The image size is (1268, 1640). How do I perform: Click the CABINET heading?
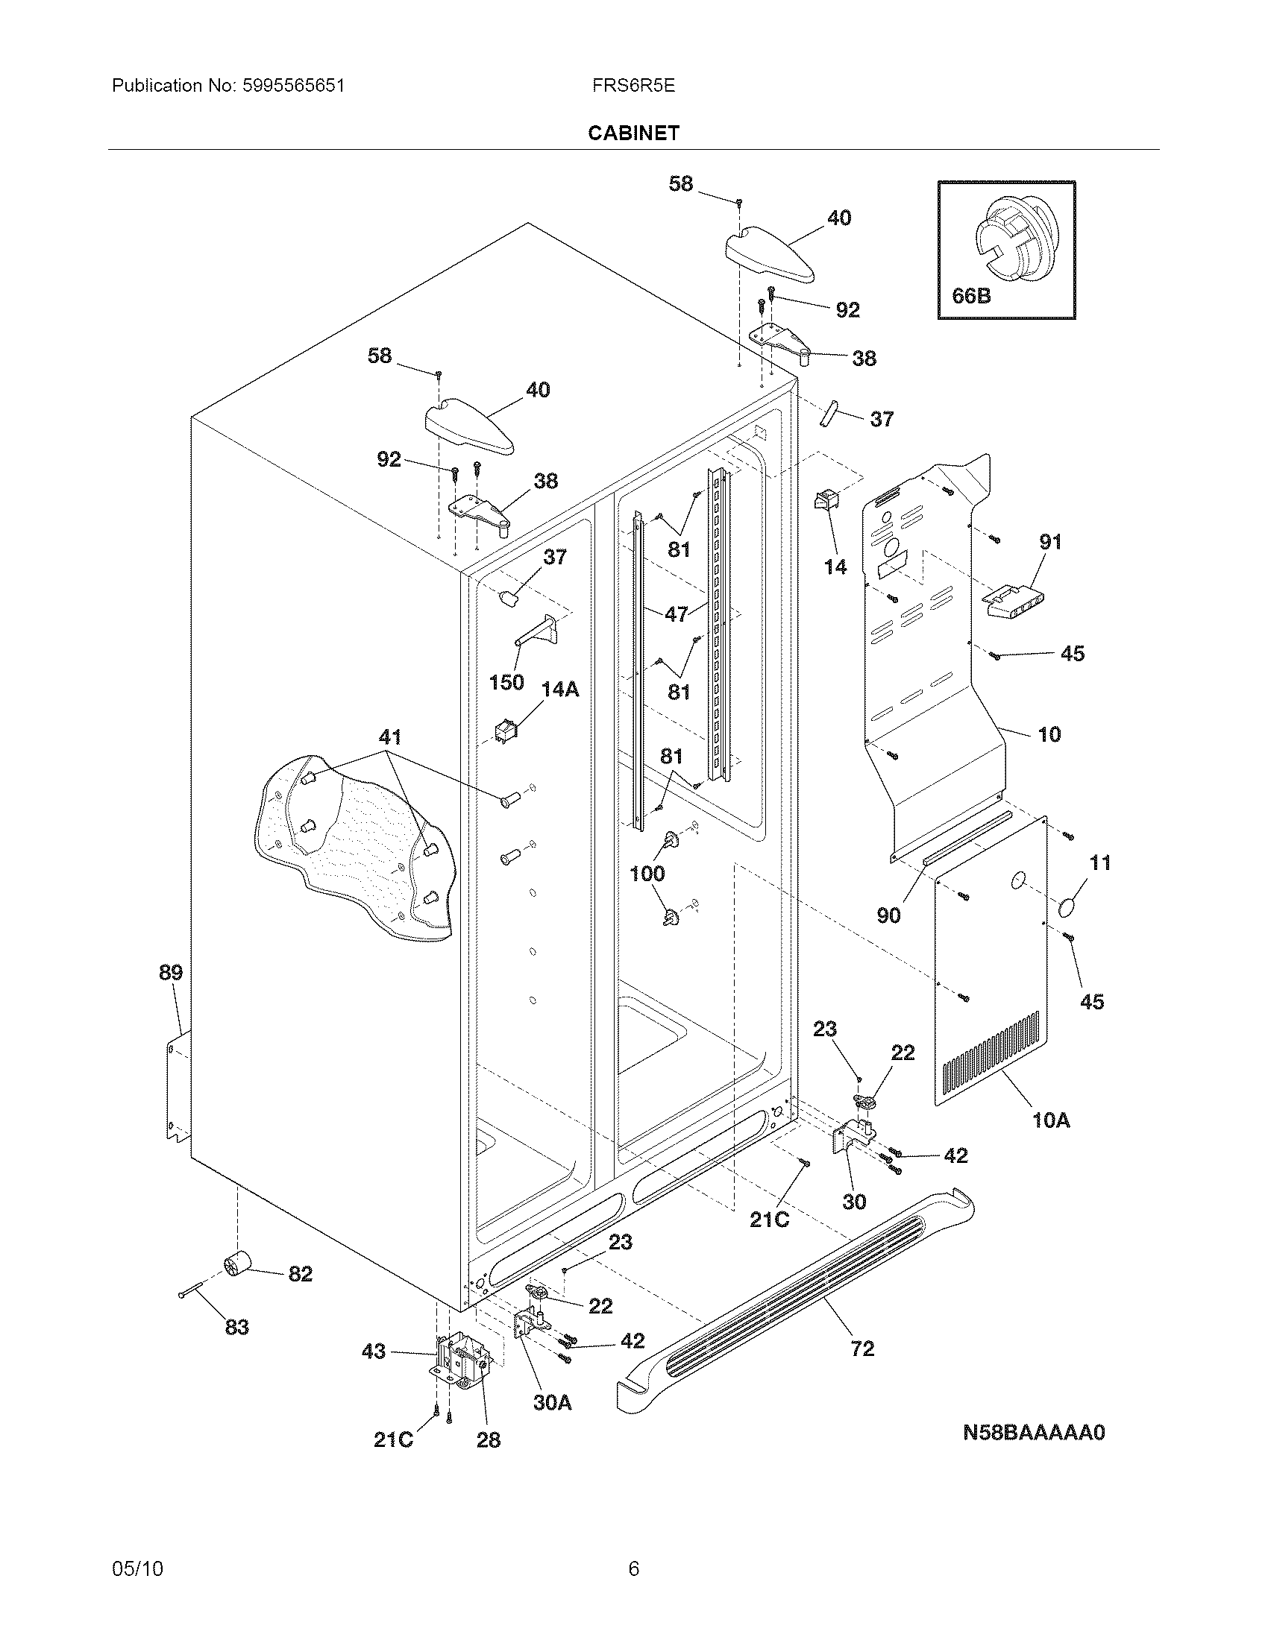click(633, 133)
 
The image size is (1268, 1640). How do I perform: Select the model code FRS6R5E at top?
click(633, 86)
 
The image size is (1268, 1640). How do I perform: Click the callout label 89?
click(171, 972)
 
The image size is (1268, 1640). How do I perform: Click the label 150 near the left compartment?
click(506, 683)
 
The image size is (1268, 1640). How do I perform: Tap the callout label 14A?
click(560, 689)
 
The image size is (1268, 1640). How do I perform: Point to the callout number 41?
click(390, 737)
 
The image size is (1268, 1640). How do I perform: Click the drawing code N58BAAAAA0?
click(1034, 1433)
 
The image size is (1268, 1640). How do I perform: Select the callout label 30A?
click(553, 1402)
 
